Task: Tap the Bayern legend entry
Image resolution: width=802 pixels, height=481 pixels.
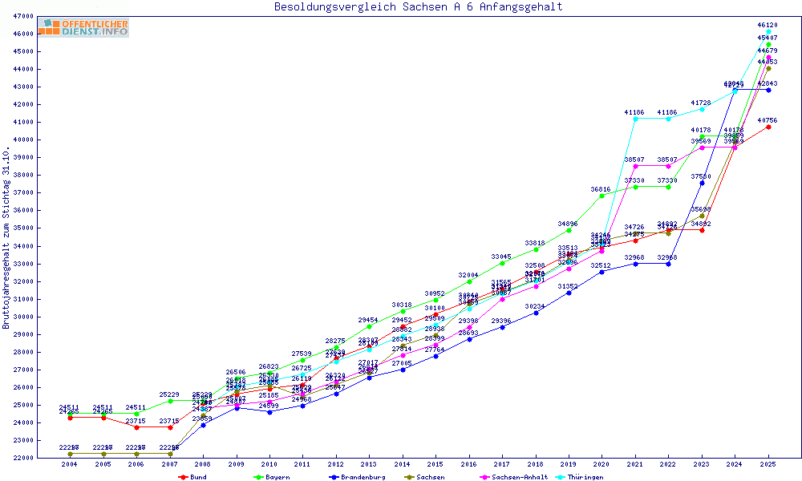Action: (272, 477)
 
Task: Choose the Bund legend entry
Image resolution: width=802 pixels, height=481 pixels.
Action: (193, 477)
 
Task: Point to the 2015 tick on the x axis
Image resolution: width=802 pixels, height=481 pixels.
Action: (435, 465)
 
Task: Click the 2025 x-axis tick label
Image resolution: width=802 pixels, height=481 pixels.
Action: (768, 465)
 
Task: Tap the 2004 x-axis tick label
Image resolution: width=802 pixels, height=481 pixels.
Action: (71, 465)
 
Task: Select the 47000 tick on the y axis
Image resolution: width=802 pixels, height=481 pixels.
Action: (23, 16)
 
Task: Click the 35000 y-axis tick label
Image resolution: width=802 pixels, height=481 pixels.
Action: (23, 228)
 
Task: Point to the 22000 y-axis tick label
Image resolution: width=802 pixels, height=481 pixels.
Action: (23, 458)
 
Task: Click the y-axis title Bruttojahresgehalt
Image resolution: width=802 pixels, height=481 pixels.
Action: (6, 237)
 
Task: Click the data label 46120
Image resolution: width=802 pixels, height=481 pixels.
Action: (768, 26)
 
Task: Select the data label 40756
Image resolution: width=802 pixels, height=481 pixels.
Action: (768, 120)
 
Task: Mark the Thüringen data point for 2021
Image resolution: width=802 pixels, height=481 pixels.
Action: (635, 119)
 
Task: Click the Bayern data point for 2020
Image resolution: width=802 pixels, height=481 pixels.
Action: (601, 196)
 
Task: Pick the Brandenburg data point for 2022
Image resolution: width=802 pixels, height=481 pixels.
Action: (668, 264)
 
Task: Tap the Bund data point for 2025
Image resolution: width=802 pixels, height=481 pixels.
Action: (768, 127)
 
